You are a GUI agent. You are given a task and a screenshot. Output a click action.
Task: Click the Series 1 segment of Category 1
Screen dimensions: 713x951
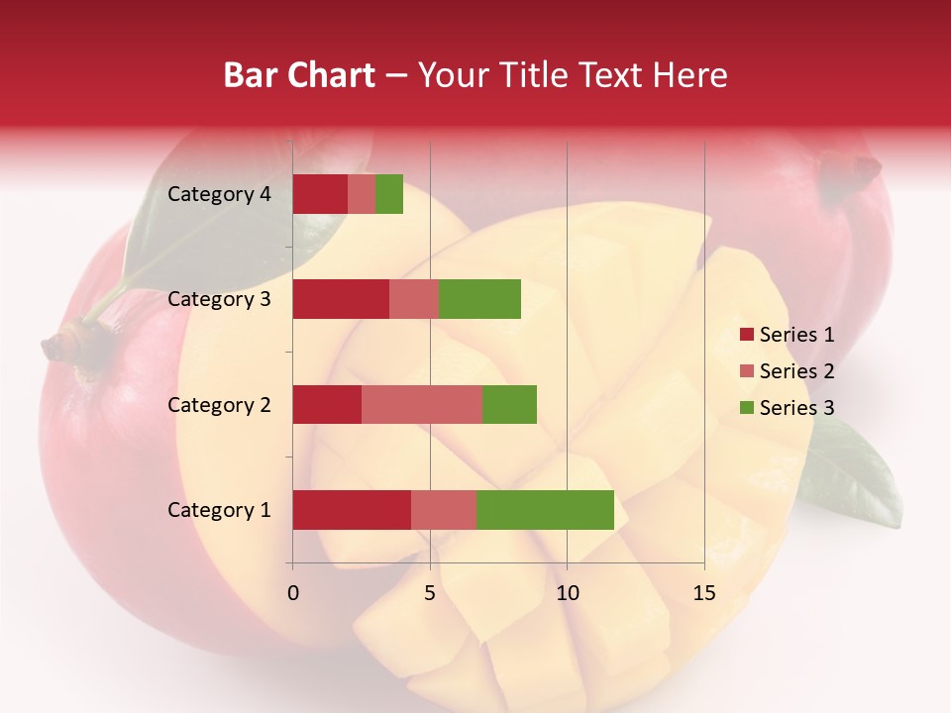tap(352, 510)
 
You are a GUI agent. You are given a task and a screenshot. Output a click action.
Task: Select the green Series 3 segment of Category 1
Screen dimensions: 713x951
tap(545, 510)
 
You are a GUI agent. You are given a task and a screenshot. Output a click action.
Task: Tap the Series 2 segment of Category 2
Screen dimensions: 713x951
tap(422, 404)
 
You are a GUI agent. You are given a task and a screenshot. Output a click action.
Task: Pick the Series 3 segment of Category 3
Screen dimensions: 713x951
tap(479, 299)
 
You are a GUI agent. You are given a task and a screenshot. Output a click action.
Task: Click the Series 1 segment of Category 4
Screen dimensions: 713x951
tap(320, 194)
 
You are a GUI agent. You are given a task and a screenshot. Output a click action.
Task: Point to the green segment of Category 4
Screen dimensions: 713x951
tap(389, 194)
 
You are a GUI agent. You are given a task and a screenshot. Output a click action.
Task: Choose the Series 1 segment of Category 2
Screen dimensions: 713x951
tap(327, 404)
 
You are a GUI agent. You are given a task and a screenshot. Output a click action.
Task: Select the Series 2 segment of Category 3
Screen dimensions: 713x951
tap(414, 299)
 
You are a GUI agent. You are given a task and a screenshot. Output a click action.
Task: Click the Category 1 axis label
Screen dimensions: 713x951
tap(218, 510)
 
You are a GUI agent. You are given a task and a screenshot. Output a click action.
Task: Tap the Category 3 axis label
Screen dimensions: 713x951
tap(218, 299)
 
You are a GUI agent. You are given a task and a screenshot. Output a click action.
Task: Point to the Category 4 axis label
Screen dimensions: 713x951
tap(218, 194)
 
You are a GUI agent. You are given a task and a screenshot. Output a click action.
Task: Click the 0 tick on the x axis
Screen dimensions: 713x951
tap(292, 593)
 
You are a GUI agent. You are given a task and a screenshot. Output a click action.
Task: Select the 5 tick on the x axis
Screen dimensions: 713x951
tap(430, 593)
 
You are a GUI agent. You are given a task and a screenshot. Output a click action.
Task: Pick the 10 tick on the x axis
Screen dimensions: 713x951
tap(567, 593)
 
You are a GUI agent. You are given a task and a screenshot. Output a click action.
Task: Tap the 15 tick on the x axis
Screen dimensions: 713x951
tap(703, 593)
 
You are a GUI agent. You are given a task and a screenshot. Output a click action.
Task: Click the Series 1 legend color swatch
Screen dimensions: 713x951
tap(746, 335)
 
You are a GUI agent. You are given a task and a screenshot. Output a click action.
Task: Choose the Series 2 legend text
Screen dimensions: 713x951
tap(796, 371)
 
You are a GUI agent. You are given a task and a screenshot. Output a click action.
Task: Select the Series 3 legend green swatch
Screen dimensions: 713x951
tap(746, 408)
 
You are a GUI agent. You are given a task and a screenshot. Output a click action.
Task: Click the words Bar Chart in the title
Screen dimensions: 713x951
tap(299, 75)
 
